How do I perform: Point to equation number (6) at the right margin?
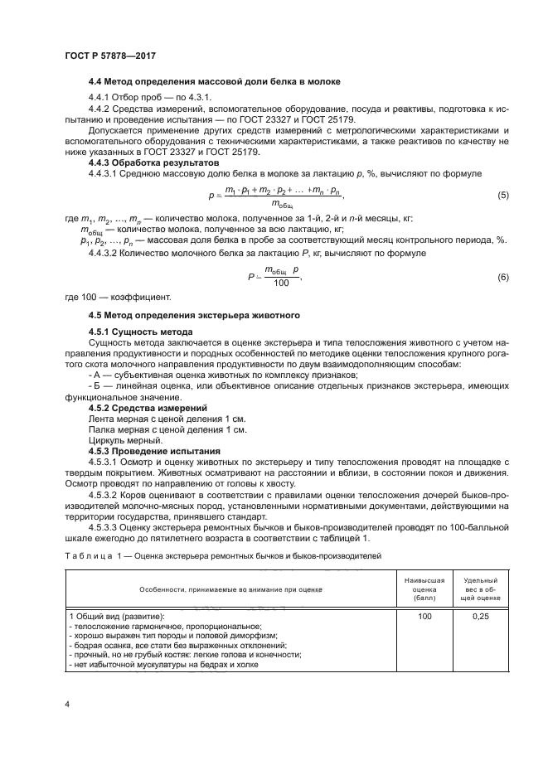click(x=502, y=277)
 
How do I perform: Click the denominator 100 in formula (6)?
click(x=281, y=283)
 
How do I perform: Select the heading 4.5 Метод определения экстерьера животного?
click(x=194, y=316)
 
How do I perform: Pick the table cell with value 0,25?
click(x=481, y=617)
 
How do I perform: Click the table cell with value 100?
click(x=425, y=617)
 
